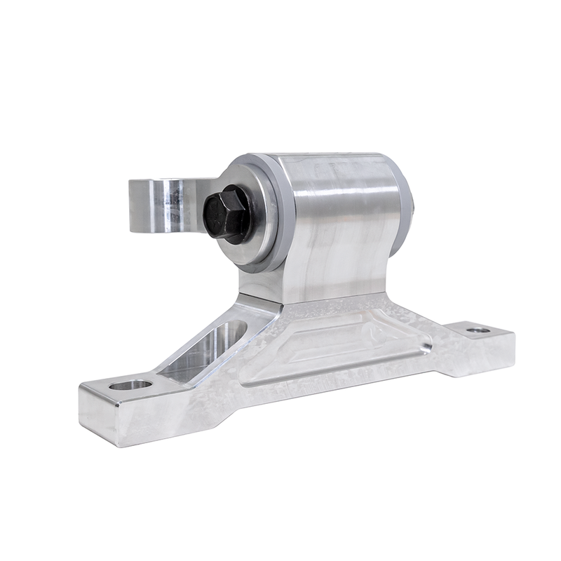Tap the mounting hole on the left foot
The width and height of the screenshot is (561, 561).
click(131, 384)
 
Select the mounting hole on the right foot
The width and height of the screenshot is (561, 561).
click(478, 329)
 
